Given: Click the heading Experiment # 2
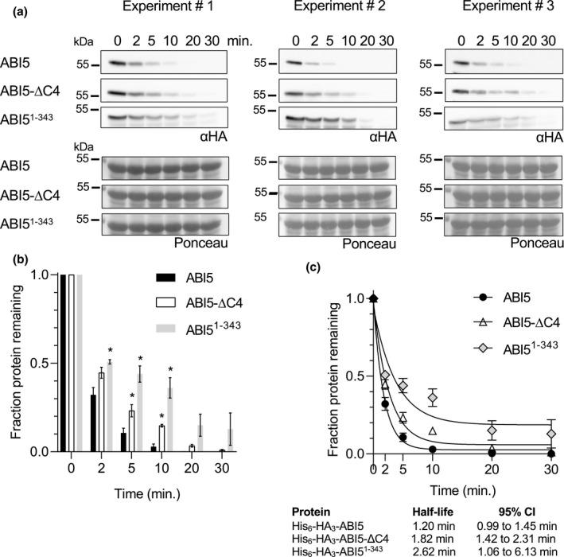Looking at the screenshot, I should pyautogui.click(x=329, y=10).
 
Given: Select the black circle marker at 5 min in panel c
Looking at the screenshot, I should pyautogui.click(x=403, y=438).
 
